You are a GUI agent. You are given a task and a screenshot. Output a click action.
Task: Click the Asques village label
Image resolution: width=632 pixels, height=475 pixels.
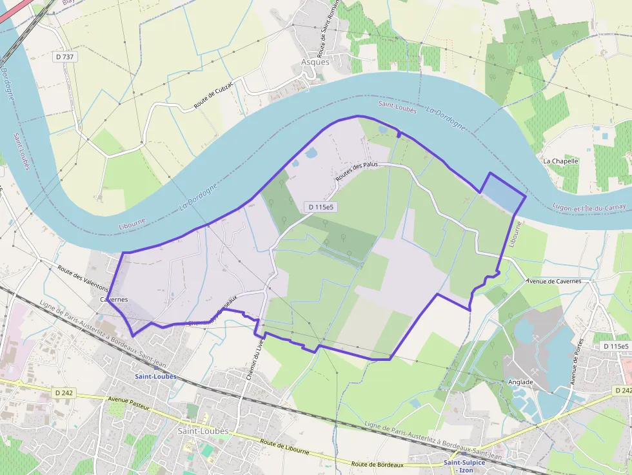point(315,63)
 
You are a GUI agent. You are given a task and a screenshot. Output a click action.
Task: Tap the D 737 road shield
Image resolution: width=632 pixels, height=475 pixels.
point(64,57)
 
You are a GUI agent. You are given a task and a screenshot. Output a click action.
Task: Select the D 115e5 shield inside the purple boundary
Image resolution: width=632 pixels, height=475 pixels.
point(321,207)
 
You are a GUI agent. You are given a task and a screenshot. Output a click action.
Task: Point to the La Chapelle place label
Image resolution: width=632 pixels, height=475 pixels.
point(560,161)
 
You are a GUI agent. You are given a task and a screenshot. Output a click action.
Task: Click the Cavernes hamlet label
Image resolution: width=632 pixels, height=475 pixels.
point(114,300)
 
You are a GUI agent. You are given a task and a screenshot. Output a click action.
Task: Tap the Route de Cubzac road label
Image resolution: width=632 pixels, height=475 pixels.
point(213,97)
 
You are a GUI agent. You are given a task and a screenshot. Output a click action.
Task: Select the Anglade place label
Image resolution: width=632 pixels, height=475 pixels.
point(520,382)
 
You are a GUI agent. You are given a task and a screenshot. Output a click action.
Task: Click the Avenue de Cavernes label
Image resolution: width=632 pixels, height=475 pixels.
point(553,281)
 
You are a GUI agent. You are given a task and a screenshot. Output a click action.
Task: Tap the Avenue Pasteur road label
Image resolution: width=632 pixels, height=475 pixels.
point(129,403)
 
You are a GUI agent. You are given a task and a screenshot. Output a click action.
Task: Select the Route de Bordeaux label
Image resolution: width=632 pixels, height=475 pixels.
point(377,464)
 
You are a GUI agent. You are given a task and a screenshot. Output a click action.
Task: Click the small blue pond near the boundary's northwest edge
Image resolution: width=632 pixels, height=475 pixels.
point(311,153)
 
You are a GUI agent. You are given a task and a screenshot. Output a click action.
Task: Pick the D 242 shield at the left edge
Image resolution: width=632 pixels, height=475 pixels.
point(64,393)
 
